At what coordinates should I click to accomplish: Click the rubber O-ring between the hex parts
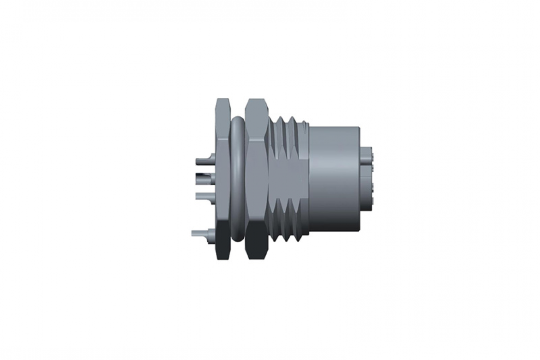click(237, 180)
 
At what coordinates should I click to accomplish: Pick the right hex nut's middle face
click(256, 180)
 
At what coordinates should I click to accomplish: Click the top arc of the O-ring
click(237, 121)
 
